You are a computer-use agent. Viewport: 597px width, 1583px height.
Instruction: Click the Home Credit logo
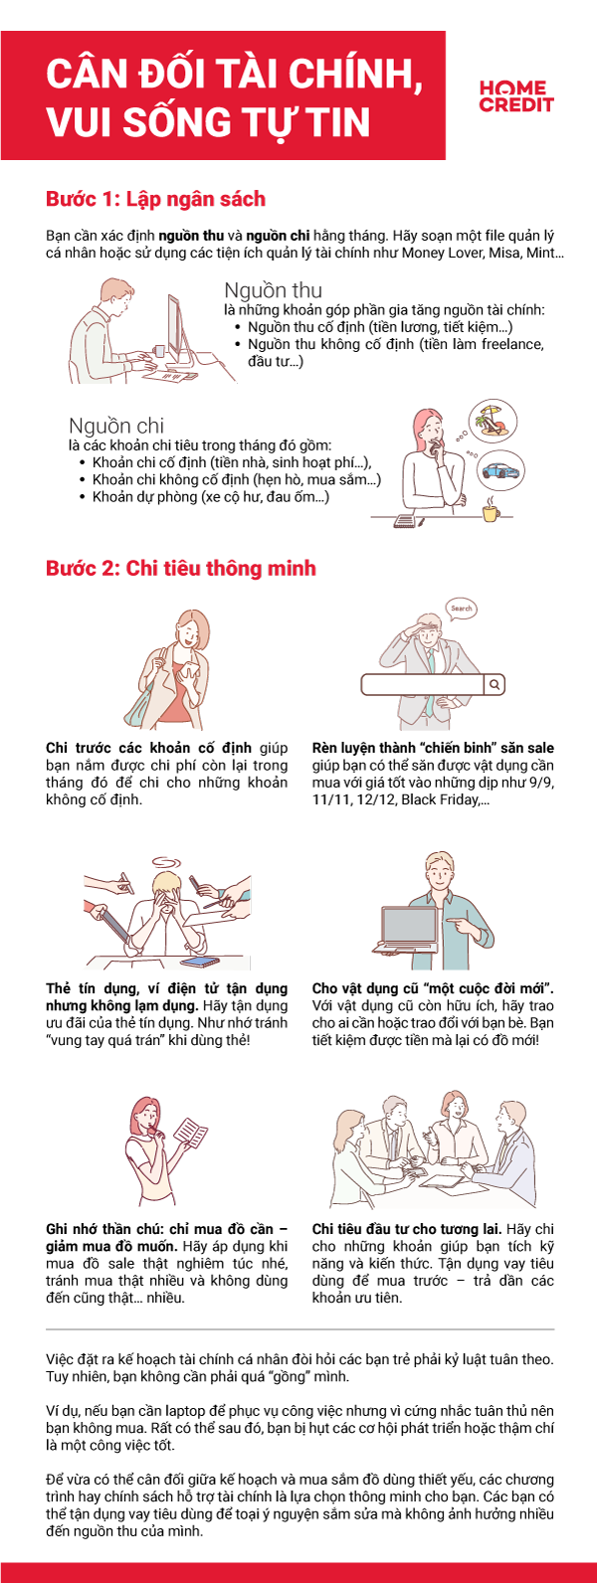pos(515,96)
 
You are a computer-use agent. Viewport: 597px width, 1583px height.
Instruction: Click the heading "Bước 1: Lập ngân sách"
pos(155,199)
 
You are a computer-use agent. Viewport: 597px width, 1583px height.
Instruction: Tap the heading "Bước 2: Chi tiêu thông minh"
pos(180,568)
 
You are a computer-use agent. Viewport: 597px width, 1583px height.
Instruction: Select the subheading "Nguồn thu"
pos(273,290)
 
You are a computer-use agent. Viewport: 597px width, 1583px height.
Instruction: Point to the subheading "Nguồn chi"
pos(116,426)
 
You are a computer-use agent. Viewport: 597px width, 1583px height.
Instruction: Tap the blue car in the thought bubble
pos(501,470)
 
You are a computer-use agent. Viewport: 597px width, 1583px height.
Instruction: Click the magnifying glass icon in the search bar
pos(495,684)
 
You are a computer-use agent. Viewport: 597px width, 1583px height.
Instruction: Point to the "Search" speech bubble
pos(461,609)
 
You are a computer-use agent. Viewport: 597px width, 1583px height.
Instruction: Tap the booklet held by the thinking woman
pos(189,1133)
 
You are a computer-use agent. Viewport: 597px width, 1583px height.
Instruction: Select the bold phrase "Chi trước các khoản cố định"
pos(150,748)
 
